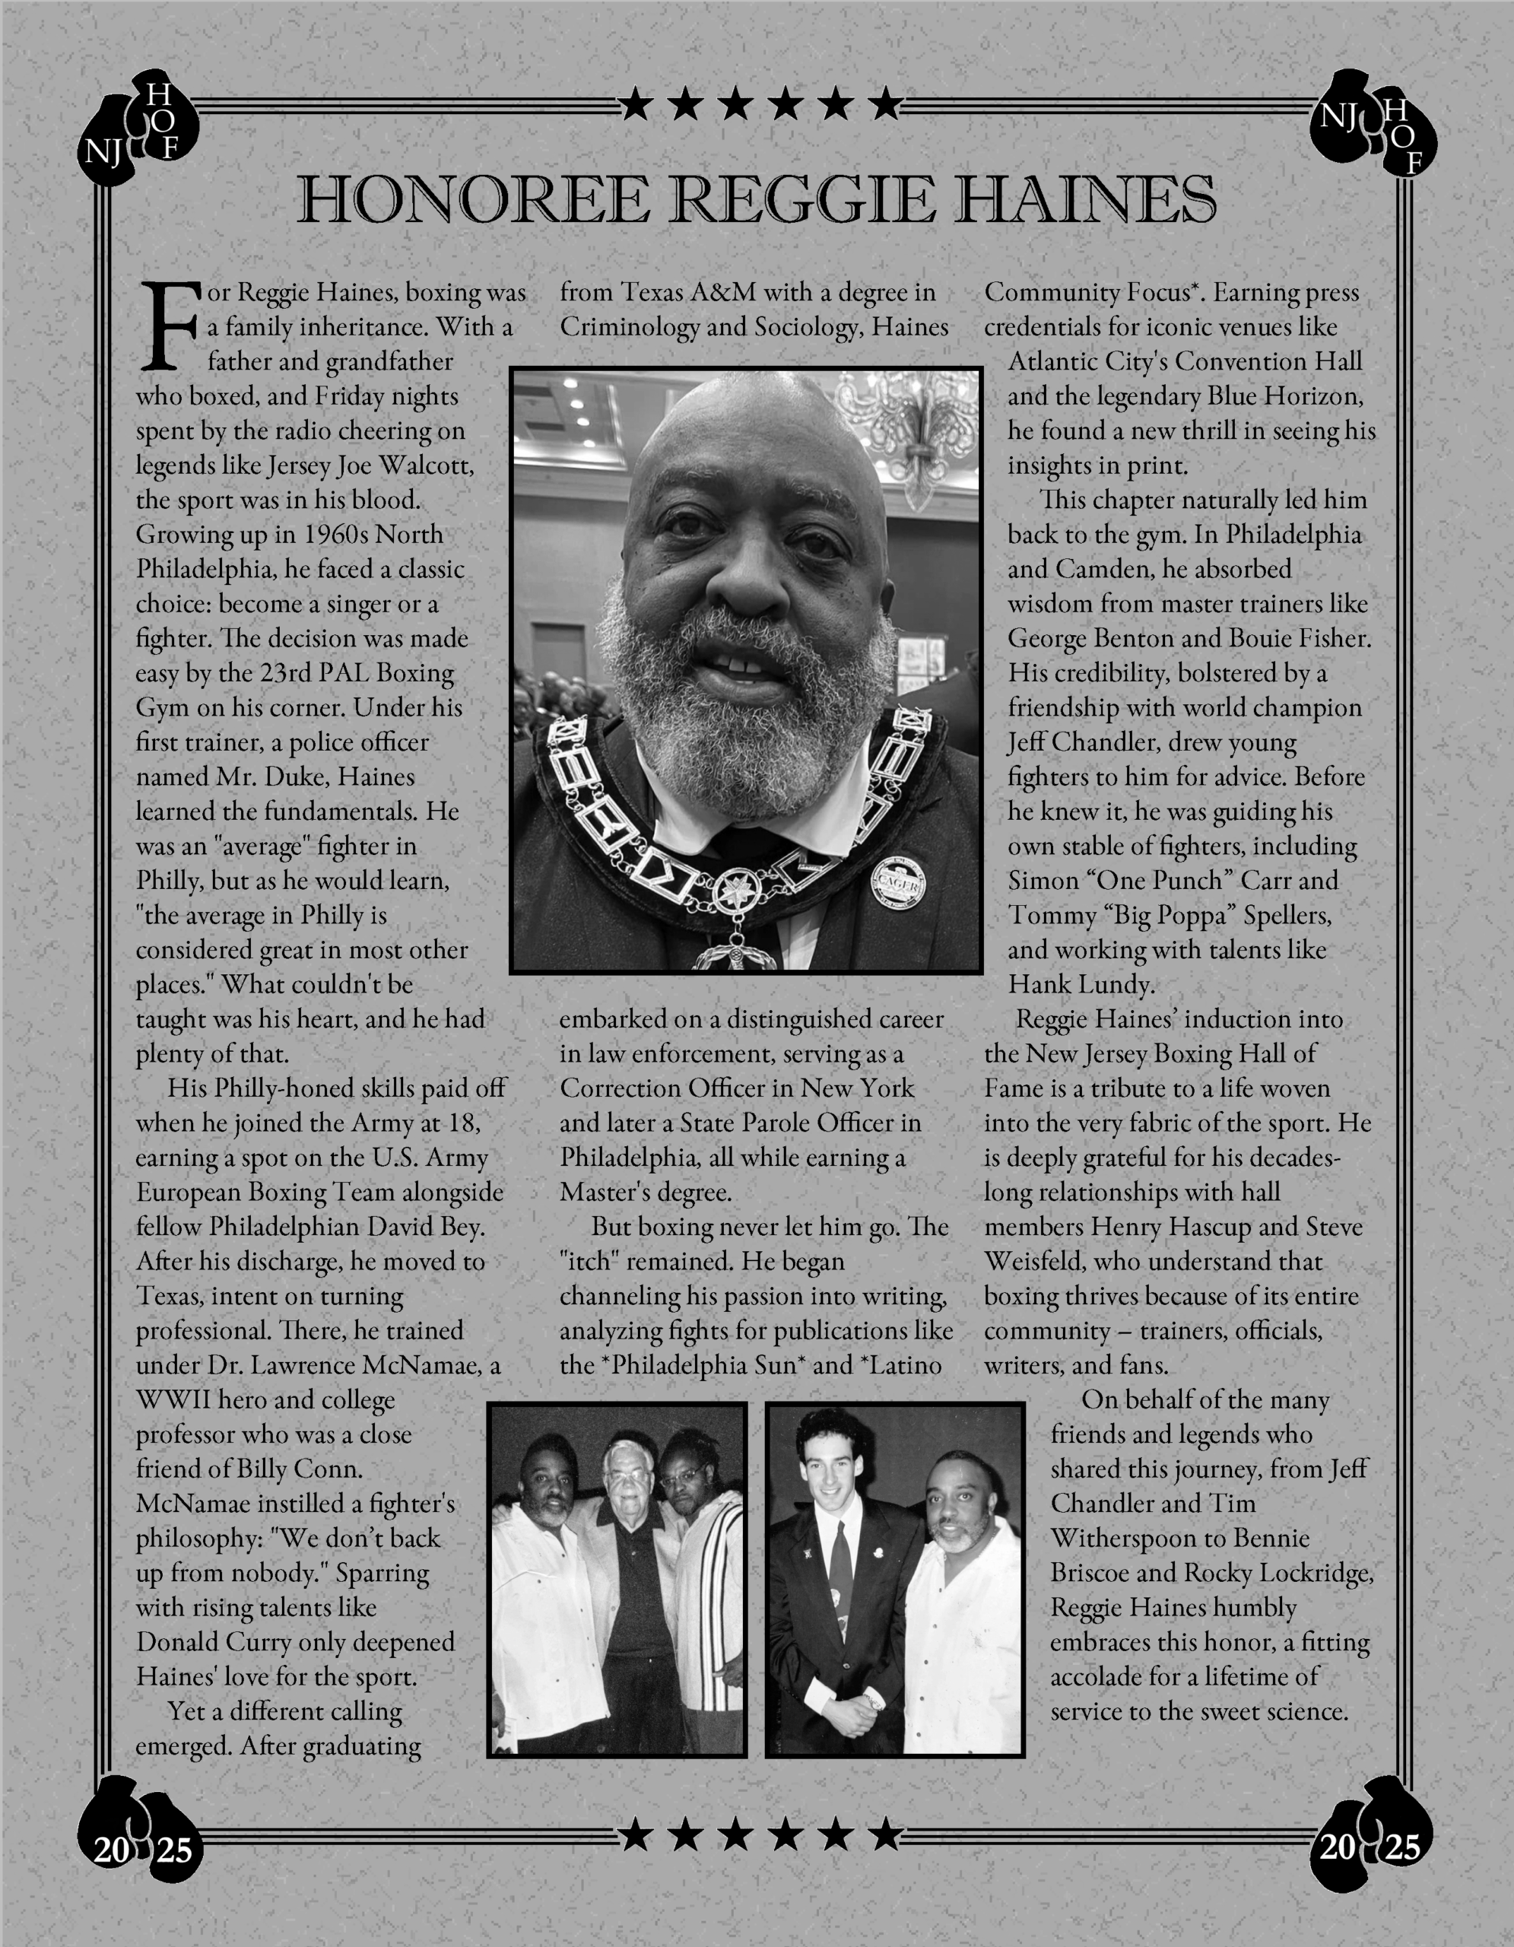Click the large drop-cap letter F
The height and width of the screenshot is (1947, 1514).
[170, 326]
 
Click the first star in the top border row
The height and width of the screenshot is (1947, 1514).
[636, 104]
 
